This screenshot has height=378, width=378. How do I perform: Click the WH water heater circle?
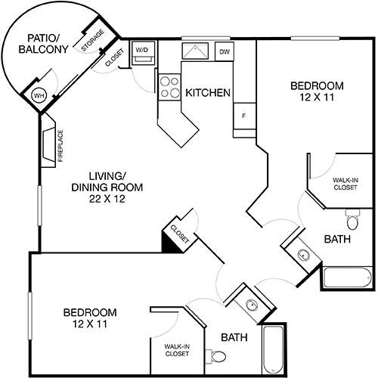39,96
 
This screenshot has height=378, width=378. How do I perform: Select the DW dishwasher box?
225,51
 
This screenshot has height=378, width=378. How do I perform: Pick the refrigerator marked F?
244,116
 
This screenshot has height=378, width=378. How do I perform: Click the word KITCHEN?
208,93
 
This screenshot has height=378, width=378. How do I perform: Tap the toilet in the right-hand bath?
352,220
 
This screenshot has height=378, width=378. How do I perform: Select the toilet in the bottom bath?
218,355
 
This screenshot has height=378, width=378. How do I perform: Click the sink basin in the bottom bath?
250,305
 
